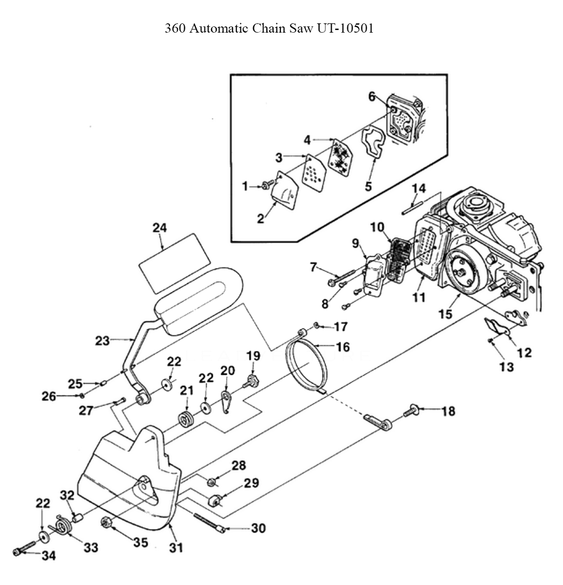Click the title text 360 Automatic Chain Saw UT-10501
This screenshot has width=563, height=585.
[269, 29]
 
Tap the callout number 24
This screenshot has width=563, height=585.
[160, 228]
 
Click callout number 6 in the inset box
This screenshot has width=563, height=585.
[372, 96]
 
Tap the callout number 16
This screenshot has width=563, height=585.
[342, 345]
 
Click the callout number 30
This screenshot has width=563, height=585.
[258, 529]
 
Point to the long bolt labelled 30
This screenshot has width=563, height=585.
[210, 522]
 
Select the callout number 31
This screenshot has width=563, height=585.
[177, 547]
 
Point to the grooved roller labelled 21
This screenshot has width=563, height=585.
[185, 420]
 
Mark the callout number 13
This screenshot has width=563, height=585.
[506, 367]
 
